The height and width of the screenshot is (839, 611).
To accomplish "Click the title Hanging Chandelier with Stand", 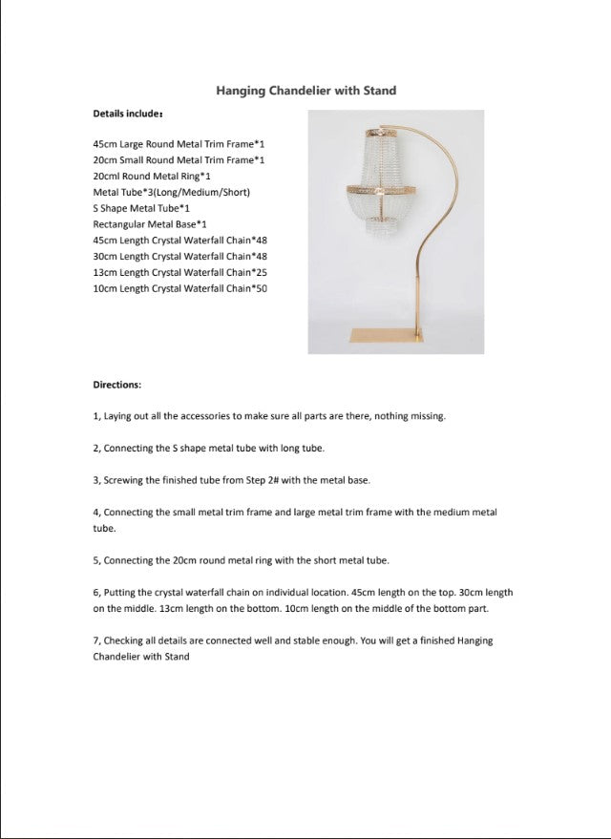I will [x=305, y=91].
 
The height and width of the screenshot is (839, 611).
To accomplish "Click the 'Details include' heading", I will [x=127, y=114].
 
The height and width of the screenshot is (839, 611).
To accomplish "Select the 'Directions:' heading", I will [x=116, y=385].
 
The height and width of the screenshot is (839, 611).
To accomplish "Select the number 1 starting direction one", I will [x=95, y=416].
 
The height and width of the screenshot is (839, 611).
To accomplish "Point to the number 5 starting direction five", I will [x=95, y=559].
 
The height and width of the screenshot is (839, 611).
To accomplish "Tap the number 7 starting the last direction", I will [x=95, y=640].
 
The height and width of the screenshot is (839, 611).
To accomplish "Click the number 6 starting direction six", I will [x=95, y=592].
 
